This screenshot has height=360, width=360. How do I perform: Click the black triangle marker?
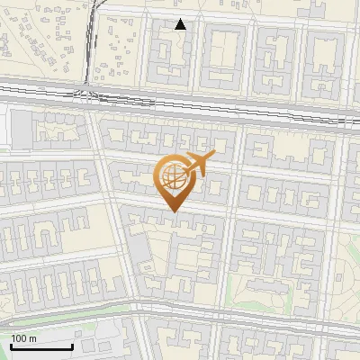tap(181, 24)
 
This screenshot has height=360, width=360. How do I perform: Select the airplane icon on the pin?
tap(196, 164)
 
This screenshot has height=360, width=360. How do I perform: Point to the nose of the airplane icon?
tap(213, 156)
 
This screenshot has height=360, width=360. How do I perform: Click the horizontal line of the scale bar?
tap(41, 346)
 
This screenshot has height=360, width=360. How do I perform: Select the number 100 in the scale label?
tap(19, 338)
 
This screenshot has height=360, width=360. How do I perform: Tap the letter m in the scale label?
tap(32, 338)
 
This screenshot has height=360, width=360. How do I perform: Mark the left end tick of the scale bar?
tap(11, 345)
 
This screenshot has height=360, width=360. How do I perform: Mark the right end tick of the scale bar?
tap(72, 345)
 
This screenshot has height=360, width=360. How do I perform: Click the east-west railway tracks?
tap(225, 103)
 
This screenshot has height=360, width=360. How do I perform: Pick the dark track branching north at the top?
tap(89, 45)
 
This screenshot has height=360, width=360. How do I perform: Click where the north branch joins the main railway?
tap(85, 91)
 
